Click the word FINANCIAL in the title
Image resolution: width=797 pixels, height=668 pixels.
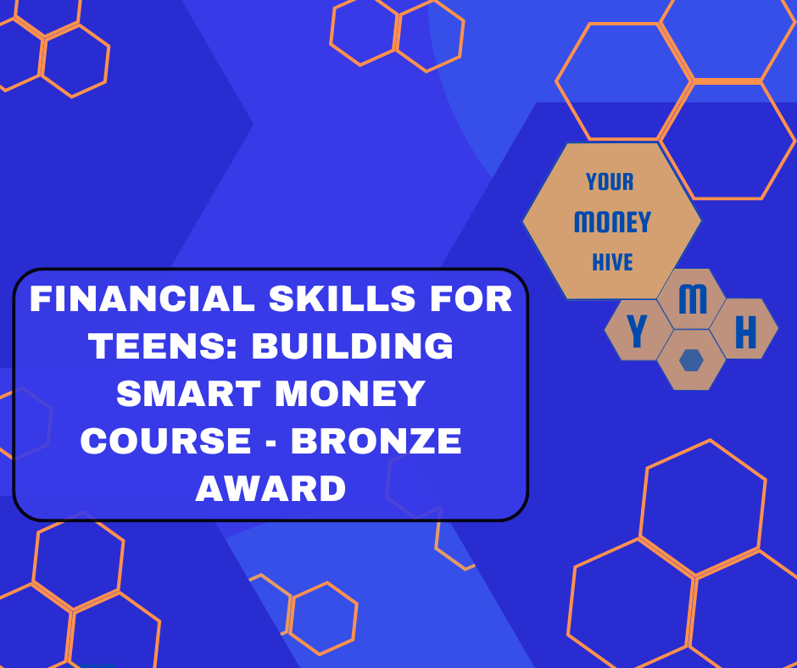tap(142, 298)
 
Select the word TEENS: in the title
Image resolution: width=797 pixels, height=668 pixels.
tap(163, 346)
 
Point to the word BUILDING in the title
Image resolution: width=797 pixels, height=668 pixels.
tap(352, 346)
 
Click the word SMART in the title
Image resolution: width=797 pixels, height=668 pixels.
tap(188, 393)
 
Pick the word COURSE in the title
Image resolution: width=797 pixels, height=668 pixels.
tap(165, 440)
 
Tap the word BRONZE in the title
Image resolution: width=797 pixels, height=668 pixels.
tap(376, 440)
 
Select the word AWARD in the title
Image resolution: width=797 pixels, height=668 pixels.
tap(270, 488)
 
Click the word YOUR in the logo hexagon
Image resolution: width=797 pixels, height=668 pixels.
tap(610, 182)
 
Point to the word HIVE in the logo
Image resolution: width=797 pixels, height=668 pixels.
tap(612, 262)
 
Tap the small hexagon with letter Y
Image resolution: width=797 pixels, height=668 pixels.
tap(638, 330)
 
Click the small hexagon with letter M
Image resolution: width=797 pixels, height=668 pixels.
tap(691, 299)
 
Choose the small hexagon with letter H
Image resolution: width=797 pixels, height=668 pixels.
tap(744, 329)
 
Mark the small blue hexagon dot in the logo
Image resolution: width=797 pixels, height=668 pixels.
tap(691, 360)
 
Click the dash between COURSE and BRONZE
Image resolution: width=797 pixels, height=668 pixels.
tap(271, 442)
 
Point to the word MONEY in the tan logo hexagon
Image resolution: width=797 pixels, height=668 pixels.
tap(612, 222)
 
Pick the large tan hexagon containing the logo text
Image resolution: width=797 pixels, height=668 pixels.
tap(612, 220)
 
